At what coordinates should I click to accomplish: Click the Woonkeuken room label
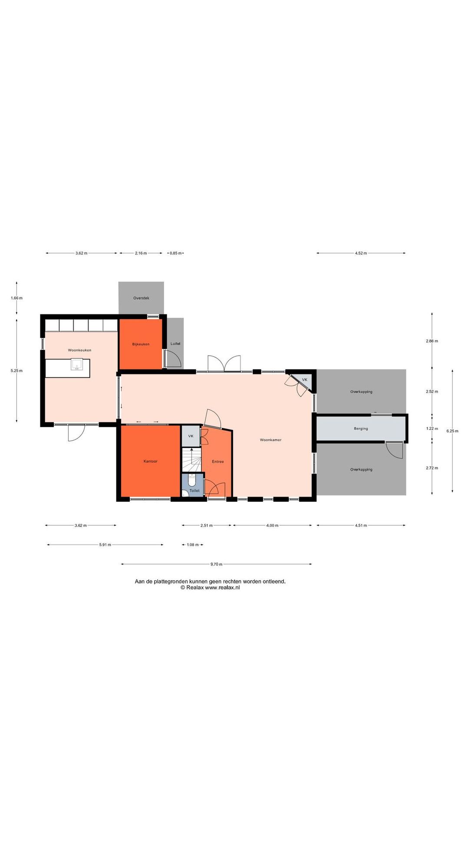[x=79, y=350]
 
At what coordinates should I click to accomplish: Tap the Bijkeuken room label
[x=141, y=344]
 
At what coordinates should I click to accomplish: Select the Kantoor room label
[x=150, y=461]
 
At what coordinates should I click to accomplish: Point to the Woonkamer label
[x=271, y=440]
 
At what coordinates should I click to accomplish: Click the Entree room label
[x=218, y=461]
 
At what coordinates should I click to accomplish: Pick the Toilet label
[x=195, y=491]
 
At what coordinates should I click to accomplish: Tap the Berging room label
[x=361, y=429]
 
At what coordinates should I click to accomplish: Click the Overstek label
[x=141, y=298]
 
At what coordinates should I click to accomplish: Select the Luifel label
[x=175, y=344]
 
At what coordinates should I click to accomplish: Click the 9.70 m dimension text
[x=216, y=564]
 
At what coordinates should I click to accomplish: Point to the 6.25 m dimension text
[x=452, y=431]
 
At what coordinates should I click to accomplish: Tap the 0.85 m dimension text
[x=175, y=253]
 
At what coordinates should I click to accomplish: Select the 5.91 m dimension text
[x=105, y=545]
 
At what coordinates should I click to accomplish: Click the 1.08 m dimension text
[x=193, y=545]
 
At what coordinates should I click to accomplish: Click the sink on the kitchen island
[x=77, y=364]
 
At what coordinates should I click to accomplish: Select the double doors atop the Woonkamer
[x=224, y=363]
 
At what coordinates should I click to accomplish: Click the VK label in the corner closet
[x=304, y=380]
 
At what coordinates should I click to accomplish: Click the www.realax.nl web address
[x=222, y=588]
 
